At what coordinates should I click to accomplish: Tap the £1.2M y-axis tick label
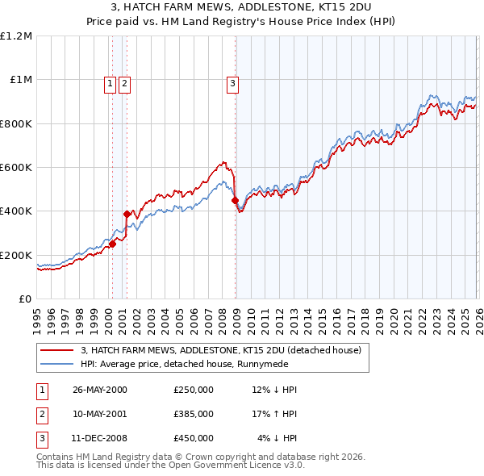pos(17,36)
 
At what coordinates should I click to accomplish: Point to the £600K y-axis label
pos(16,168)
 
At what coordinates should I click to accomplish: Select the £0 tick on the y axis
pos(25,299)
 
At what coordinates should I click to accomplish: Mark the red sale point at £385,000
pos(127,215)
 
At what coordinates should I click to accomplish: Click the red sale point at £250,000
pos(113,244)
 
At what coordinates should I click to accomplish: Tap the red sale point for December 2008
pos(235,200)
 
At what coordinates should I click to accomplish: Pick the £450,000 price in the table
pos(193,438)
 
